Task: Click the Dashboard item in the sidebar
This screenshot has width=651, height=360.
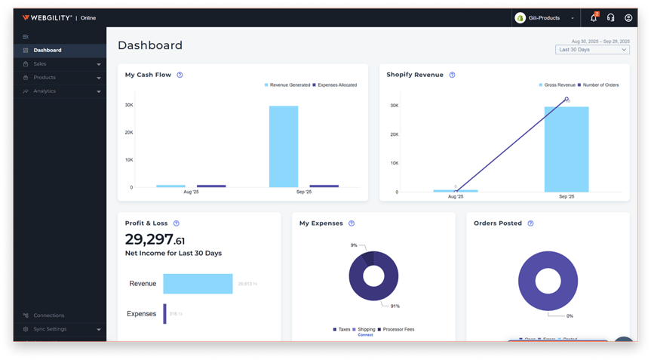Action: [48, 51]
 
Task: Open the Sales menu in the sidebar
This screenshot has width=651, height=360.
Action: [40, 64]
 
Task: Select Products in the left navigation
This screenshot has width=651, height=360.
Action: [45, 78]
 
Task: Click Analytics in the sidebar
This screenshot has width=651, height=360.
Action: [45, 91]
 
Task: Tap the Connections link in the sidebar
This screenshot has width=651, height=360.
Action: [48, 315]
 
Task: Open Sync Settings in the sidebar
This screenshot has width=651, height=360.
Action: [50, 329]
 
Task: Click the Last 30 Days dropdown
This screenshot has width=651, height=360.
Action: [592, 50]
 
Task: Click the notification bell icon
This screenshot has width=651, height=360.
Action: [593, 18]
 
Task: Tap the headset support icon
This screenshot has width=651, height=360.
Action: [610, 18]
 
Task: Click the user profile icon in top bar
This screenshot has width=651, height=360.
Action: [628, 18]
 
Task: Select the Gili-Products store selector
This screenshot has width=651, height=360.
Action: [545, 18]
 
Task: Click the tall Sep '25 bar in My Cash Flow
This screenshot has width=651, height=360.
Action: [284, 146]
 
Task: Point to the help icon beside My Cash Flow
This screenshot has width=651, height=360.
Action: [180, 75]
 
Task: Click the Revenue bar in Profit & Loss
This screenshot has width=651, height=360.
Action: [198, 284]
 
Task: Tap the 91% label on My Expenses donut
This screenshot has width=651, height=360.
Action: [395, 306]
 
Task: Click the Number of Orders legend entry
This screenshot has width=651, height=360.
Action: [600, 85]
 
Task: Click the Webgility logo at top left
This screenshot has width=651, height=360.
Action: [48, 18]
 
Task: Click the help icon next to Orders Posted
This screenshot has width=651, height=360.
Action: [530, 223]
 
